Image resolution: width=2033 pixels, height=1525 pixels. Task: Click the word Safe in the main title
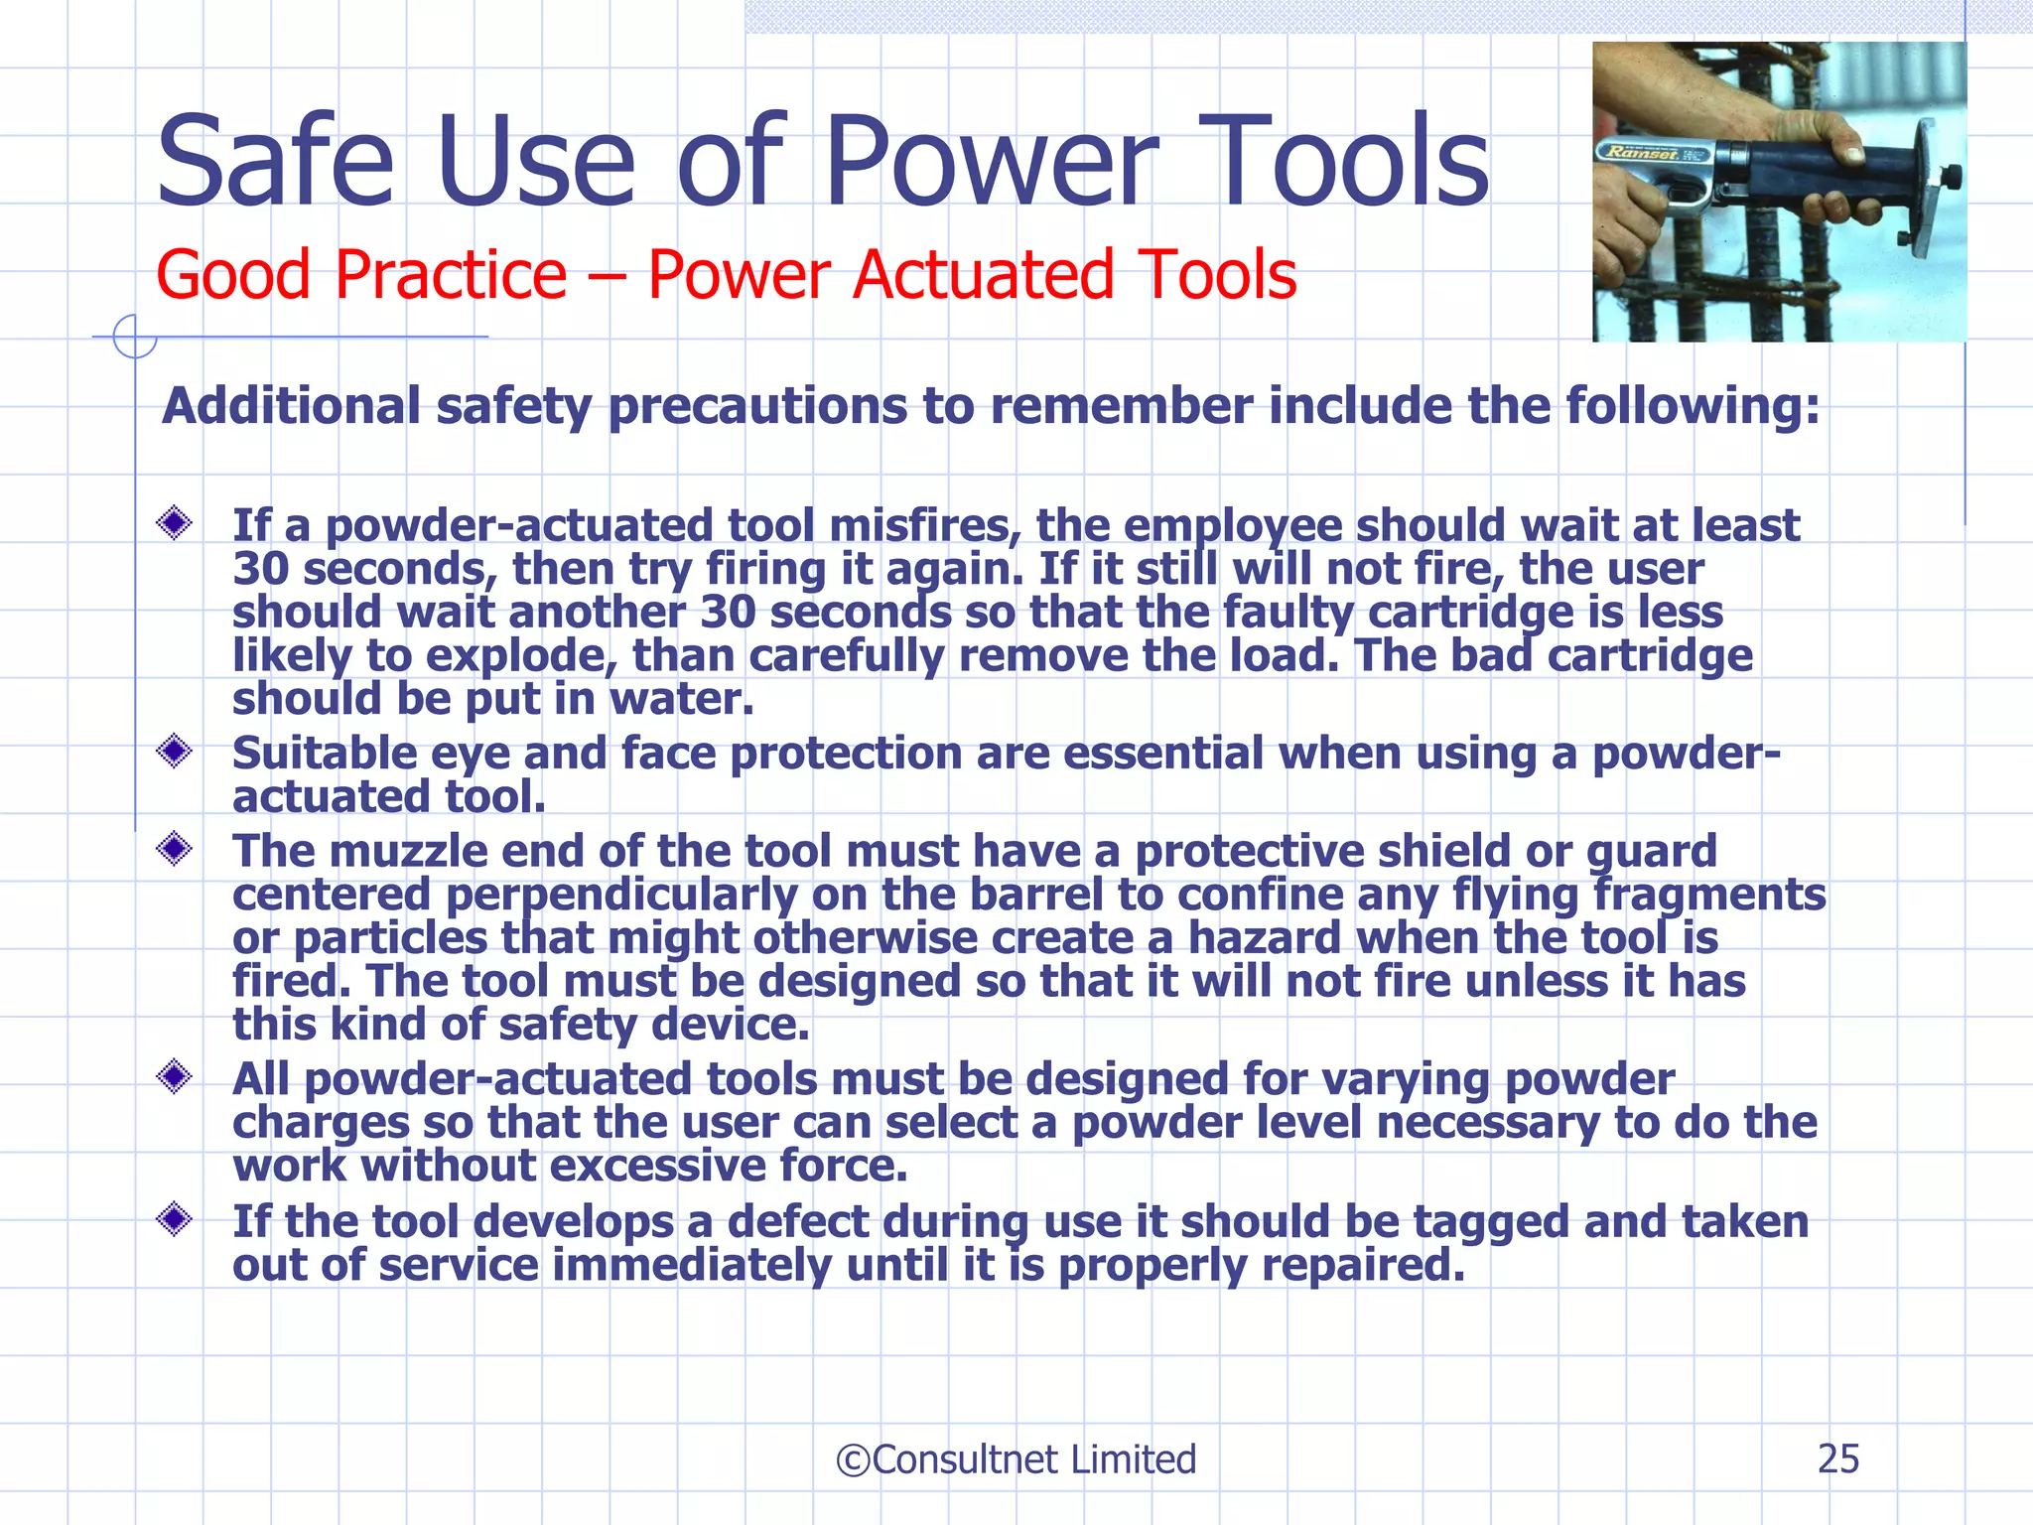[275, 162]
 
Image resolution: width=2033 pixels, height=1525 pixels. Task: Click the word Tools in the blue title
[1352, 162]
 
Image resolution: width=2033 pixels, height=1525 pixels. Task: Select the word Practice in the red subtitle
[451, 275]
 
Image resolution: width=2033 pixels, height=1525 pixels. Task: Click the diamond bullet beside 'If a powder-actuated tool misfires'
[175, 523]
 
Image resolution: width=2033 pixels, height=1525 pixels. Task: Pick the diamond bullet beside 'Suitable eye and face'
[175, 751]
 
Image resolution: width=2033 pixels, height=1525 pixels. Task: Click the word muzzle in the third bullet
[408, 852]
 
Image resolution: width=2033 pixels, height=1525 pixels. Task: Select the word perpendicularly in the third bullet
[621, 896]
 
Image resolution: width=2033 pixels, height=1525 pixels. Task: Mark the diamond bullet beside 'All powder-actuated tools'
[175, 1076]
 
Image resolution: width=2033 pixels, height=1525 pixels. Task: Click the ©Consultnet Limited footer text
[1016, 1459]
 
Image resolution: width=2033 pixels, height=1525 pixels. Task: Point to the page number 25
[1837, 1459]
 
